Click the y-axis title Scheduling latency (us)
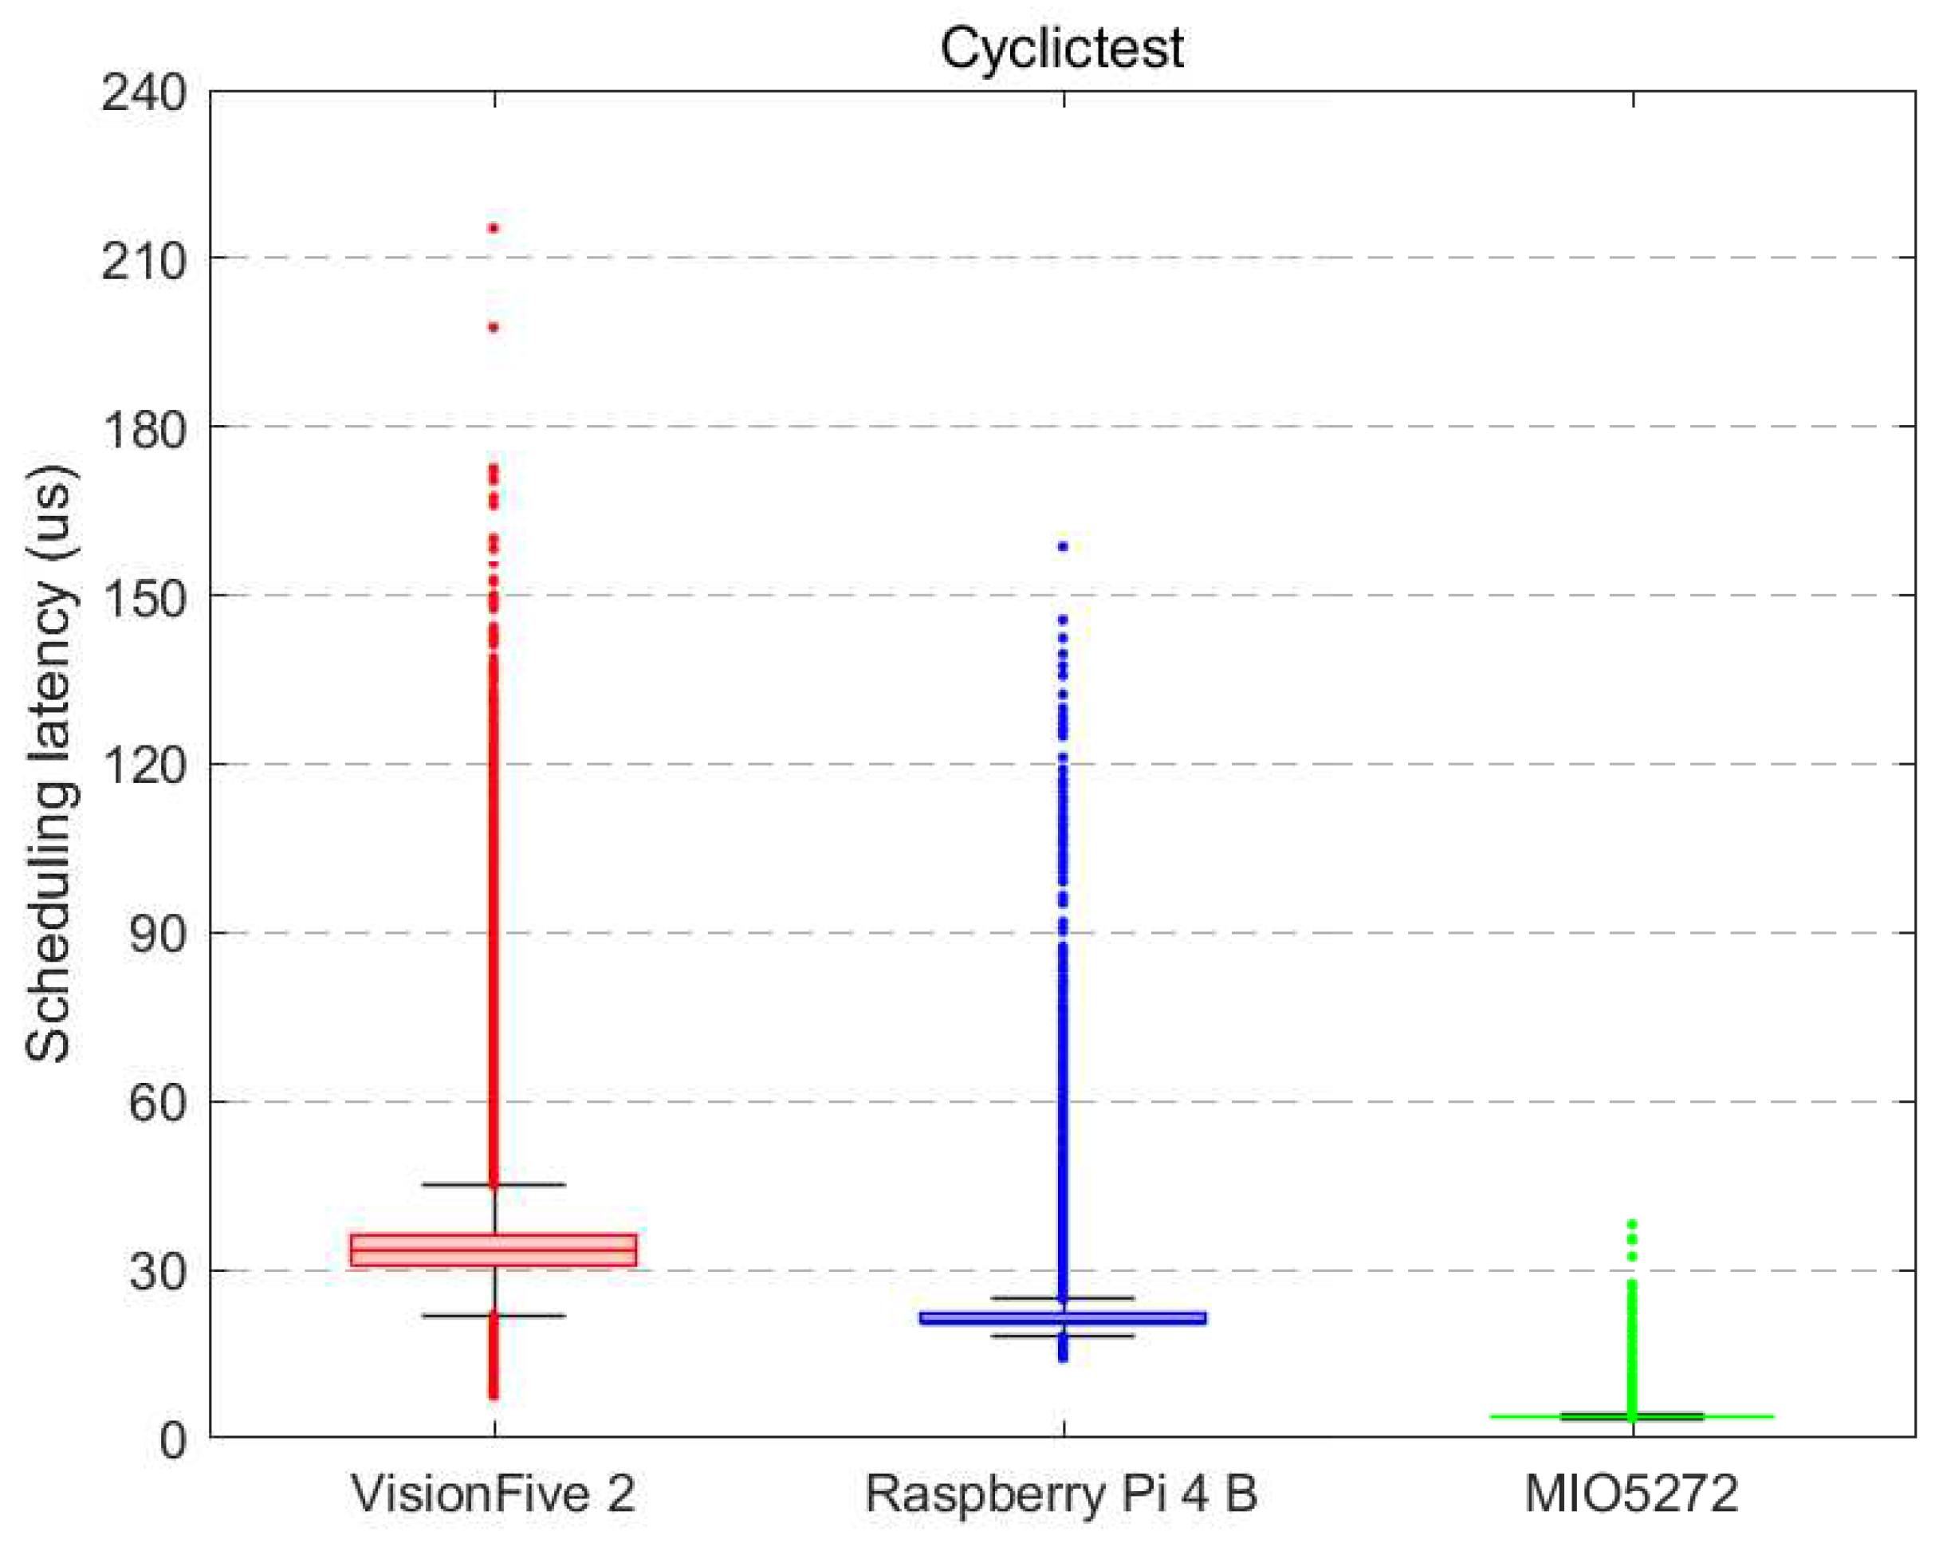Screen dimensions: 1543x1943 tap(49, 762)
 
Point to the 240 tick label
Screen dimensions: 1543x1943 tap(144, 92)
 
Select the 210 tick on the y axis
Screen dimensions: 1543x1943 tap(144, 261)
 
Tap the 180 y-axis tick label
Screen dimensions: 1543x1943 tap(144, 429)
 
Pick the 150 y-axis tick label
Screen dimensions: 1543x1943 tap(144, 597)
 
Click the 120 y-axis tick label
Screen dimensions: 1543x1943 tap(144, 766)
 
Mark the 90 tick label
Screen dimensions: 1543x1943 tap(157, 935)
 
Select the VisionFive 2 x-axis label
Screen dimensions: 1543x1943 tap(493, 1494)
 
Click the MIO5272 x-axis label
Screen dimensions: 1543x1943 tap(1630, 1494)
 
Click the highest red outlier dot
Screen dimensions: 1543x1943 tap(494, 228)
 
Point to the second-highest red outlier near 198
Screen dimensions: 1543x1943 tap(494, 327)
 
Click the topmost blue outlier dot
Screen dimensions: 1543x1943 tap(1064, 546)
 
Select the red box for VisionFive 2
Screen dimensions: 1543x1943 tap(493, 1250)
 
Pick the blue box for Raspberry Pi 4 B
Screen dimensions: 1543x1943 tap(1063, 1317)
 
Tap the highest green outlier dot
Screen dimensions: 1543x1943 tap(1632, 1224)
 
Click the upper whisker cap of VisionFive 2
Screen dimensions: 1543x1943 tap(493, 1184)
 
